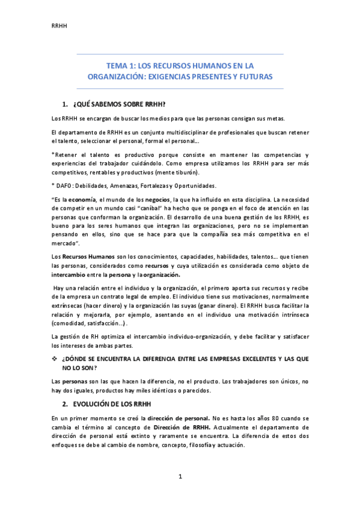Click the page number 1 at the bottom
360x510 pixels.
click(x=180, y=477)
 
